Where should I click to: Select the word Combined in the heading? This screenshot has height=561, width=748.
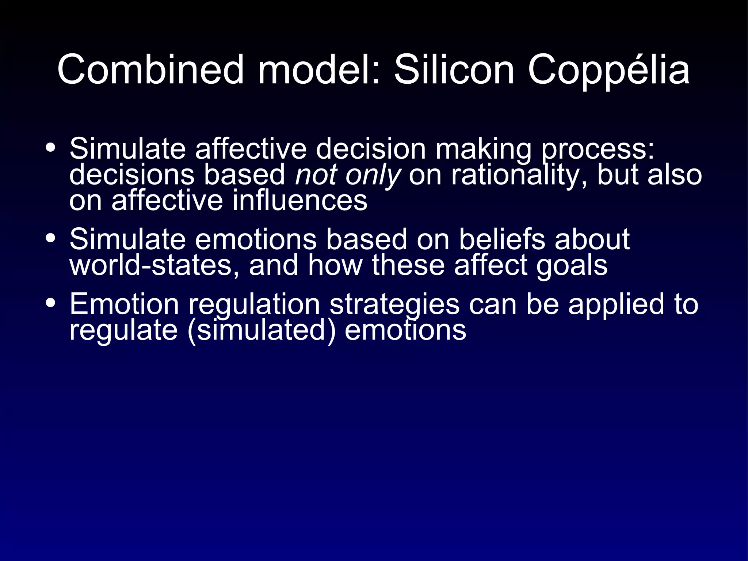150,69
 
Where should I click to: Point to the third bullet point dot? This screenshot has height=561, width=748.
51,303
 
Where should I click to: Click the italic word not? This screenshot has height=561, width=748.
316,175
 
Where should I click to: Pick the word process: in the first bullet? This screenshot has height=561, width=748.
598,149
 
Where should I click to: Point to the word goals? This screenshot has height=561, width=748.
572,266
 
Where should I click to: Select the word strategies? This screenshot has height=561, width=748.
394,304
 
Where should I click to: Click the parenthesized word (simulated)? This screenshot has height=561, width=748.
261,330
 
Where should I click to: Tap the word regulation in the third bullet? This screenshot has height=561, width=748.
254,304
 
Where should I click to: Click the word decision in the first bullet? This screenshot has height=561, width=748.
371,149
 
